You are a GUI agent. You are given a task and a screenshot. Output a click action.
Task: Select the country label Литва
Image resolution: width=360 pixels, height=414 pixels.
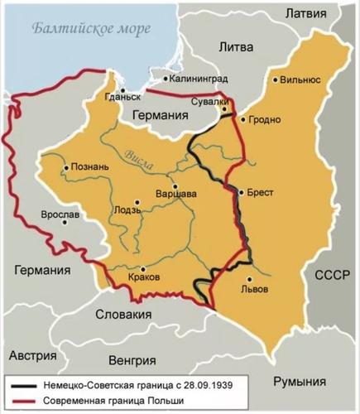[x=235, y=48]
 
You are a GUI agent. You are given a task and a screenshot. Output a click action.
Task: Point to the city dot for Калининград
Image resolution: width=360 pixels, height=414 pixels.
[x=166, y=79]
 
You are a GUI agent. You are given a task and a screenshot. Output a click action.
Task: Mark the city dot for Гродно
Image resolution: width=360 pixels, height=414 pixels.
[x=242, y=119]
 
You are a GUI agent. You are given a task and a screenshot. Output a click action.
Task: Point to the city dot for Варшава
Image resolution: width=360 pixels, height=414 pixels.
[x=175, y=184]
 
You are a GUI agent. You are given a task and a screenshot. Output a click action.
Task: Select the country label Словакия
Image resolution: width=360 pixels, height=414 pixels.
[x=127, y=315]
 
